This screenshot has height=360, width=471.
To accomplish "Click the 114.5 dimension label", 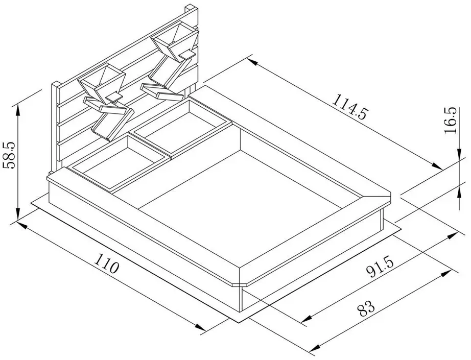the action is click(x=350, y=107).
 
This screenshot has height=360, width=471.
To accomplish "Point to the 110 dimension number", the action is click(x=107, y=263).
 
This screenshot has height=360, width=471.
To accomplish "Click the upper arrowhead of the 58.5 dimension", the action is click(x=18, y=110).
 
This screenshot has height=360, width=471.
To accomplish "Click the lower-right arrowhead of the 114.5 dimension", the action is click(x=436, y=165).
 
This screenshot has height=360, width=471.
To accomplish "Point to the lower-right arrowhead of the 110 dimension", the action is click(x=200, y=327).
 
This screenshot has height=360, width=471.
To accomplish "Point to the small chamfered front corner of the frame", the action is click(x=239, y=284).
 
